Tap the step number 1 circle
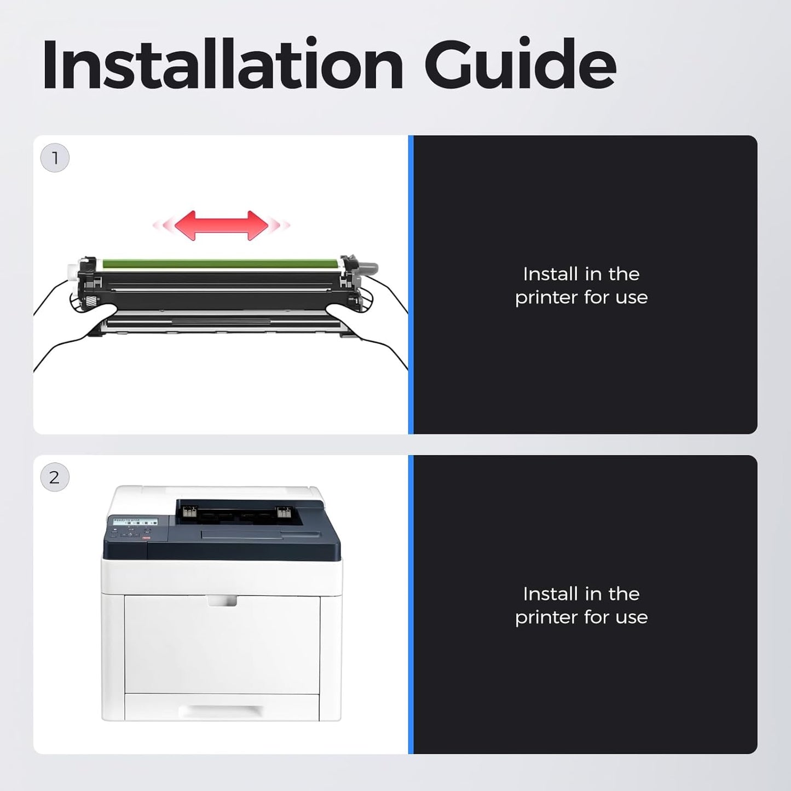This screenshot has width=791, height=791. pyautogui.click(x=55, y=158)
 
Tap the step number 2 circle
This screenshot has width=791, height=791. pyautogui.click(x=55, y=477)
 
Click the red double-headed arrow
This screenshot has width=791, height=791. pyautogui.click(x=222, y=225)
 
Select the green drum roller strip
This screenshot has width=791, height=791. pyautogui.click(x=221, y=263)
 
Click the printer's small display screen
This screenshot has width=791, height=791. pyautogui.click(x=132, y=522)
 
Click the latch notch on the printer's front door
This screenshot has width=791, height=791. pyautogui.click(x=222, y=601)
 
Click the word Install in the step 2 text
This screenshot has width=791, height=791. pyautogui.click(x=550, y=594)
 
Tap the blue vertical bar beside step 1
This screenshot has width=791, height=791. pyautogui.click(x=411, y=285)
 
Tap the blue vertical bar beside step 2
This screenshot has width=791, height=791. pyautogui.click(x=411, y=604)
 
